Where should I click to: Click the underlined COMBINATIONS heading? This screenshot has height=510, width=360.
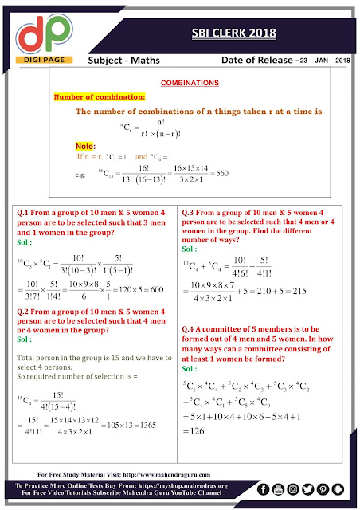[191, 83]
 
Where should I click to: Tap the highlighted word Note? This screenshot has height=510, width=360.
[84, 147]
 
